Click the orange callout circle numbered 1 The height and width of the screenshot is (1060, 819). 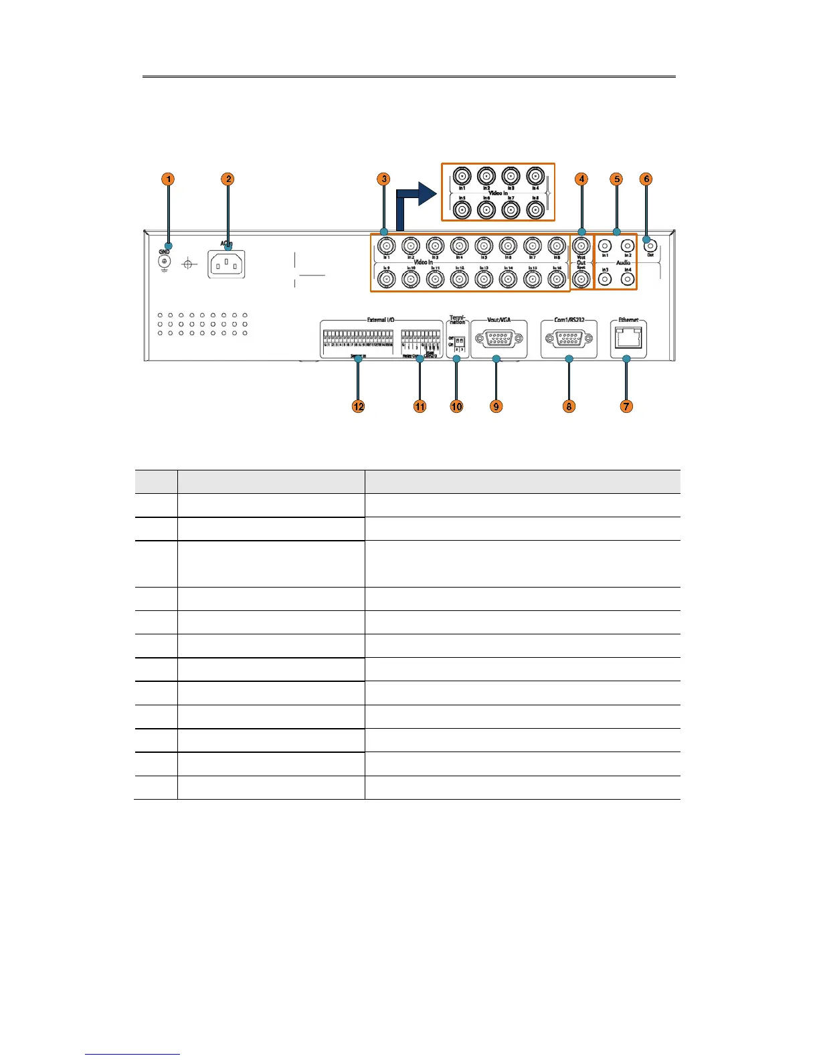(x=169, y=179)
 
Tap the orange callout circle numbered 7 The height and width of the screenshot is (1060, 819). (x=626, y=406)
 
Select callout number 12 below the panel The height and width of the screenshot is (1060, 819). (x=359, y=406)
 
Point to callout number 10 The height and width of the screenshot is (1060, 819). (x=456, y=406)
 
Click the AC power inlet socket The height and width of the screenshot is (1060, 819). (x=227, y=264)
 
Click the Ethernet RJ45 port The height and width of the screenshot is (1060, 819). (x=628, y=339)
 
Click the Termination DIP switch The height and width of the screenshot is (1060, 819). (x=460, y=340)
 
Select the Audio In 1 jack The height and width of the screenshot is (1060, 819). (x=605, y=246)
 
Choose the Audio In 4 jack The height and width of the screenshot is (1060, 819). (x=627, y=279)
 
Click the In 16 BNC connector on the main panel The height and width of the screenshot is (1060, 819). (x=556, y=279)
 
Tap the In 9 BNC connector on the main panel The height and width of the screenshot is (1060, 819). (x=386, y=279)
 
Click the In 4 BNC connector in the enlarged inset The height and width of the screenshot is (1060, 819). (x=534, y=176)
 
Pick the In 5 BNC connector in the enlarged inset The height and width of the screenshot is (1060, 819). (x=462, y=209)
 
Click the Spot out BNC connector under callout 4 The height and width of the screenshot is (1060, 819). (x=581, y=279)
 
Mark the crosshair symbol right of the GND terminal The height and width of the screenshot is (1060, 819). (x=189, y=265)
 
